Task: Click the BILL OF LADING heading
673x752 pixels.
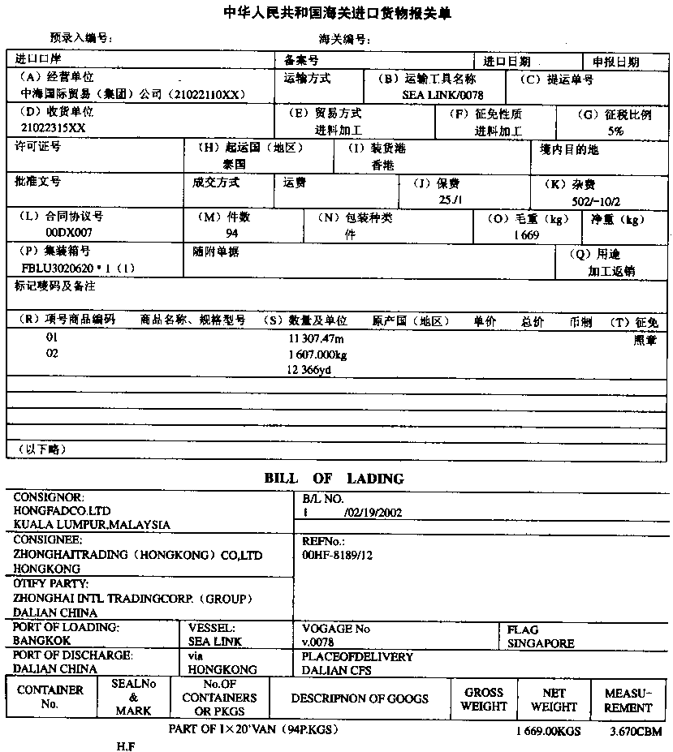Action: [334, 479]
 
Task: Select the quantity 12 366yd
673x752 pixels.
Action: [309, 370]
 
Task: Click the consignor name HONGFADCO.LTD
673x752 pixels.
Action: [62, 511]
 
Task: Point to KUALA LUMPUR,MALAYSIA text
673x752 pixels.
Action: [92, 525]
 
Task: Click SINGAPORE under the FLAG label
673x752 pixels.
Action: [541, 643]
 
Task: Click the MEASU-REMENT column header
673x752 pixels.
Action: [628, 700]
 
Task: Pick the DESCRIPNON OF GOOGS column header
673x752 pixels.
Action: [360, 698]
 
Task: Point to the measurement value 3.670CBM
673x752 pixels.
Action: [636, 732]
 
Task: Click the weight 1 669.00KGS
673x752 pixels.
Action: [548, 732]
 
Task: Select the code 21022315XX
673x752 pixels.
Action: [53, 128]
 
